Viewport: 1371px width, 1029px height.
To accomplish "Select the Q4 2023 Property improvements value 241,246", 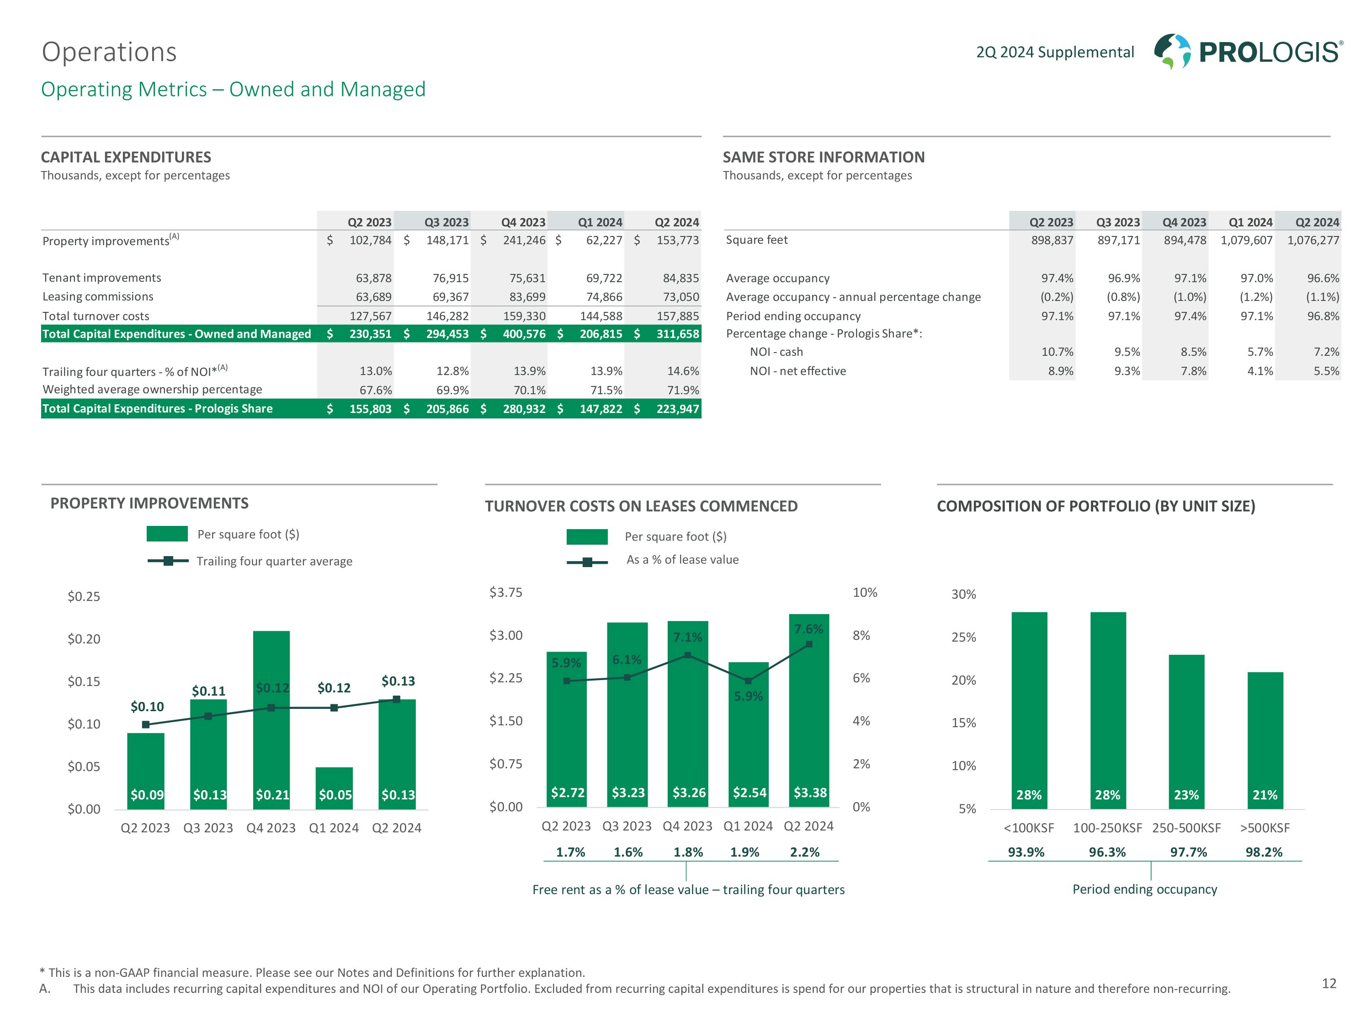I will (524, 240).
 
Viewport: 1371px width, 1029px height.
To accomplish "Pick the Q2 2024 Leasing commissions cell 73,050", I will (680, 297).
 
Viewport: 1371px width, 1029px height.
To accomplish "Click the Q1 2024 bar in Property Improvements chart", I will (334, 788).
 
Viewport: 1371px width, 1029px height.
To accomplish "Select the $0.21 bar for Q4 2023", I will (271, 719).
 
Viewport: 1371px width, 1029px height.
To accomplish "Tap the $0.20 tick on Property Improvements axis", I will (84, 639).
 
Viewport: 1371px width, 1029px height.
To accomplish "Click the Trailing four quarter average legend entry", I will (274, 561).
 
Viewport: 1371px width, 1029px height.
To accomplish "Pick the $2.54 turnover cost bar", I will (748, 735).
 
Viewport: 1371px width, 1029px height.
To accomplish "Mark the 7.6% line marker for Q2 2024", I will (809, 644).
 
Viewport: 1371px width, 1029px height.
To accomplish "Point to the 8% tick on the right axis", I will (861, 635).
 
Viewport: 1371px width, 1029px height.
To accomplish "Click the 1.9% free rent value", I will (744, 852).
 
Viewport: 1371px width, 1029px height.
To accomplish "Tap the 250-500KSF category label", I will (1186, 828).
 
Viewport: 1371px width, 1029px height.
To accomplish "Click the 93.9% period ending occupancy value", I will (1026, 852).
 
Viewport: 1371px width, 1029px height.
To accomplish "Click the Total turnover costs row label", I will (96, 316).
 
